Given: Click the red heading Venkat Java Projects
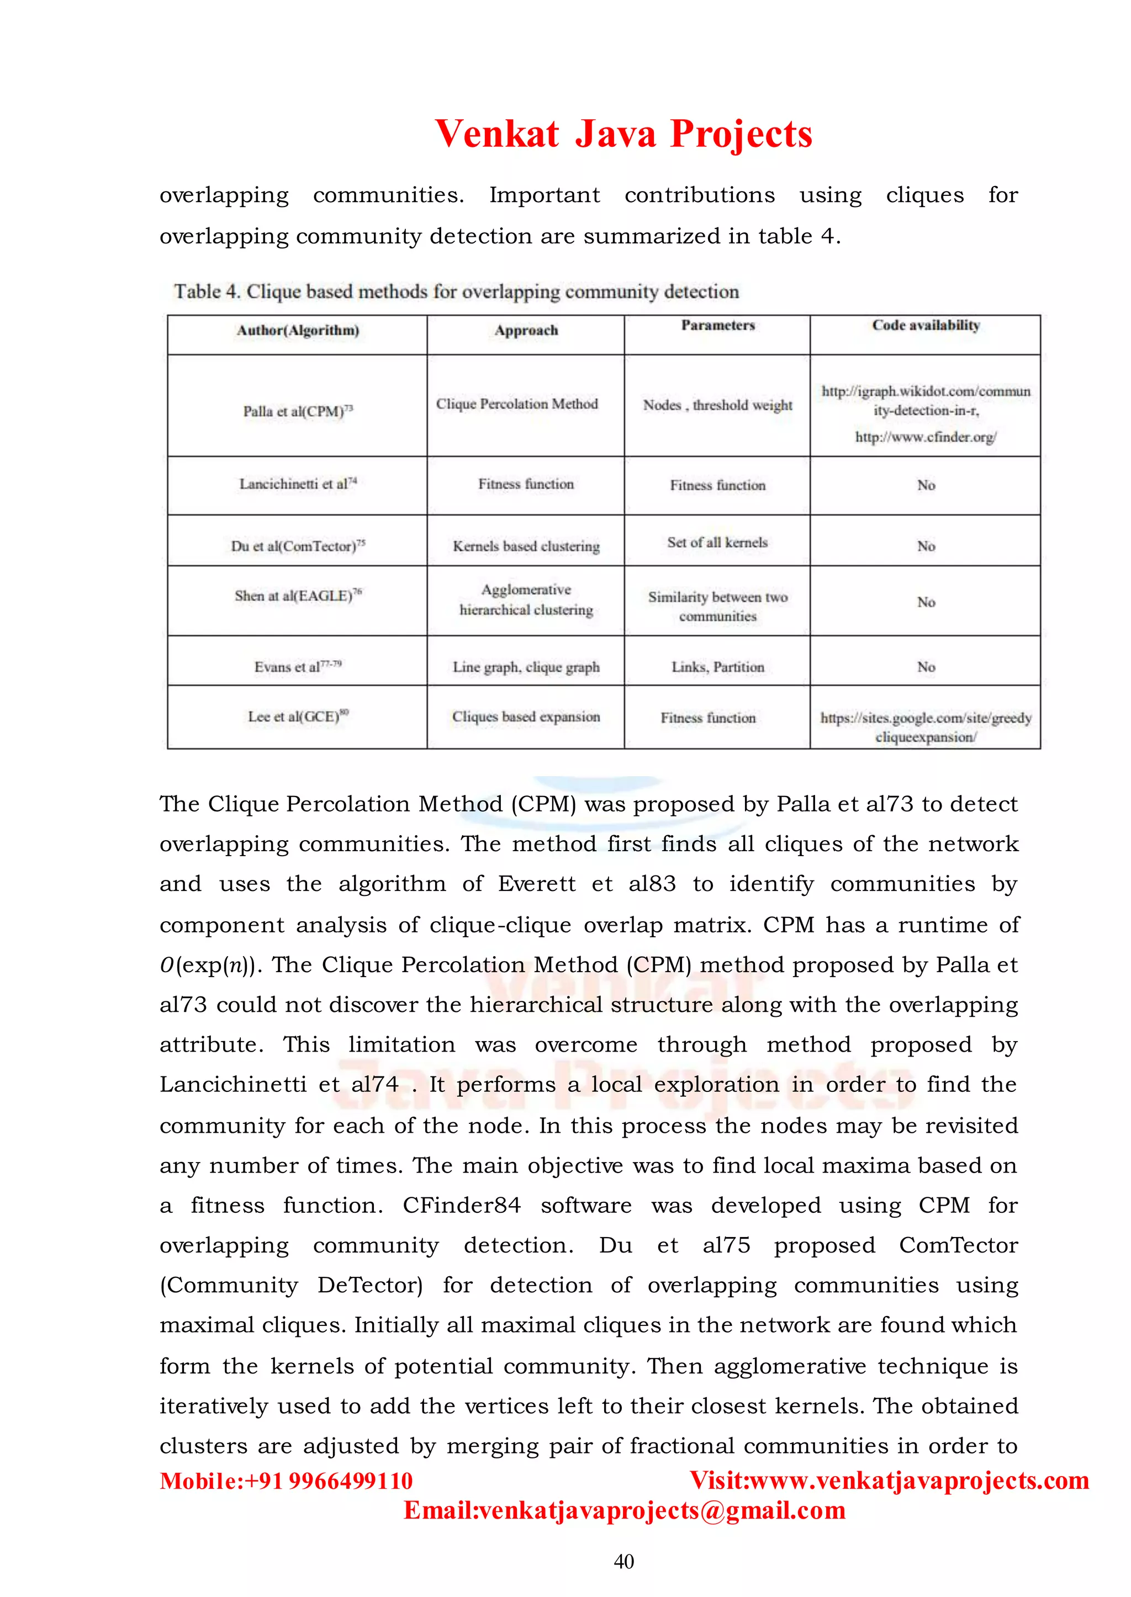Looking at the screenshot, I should click(623, 134).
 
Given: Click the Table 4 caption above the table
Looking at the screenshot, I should click(456, 291).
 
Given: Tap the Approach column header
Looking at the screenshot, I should click(526, 331).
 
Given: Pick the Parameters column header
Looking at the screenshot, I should click(717, 325).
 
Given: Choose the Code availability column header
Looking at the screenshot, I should click(925, 325).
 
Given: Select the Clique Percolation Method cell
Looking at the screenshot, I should click(517, 404).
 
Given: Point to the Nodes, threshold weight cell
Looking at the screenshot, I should click(717, 405).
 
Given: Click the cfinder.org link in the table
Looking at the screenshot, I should click(925, 437).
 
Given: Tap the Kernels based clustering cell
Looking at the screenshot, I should click(526, 547).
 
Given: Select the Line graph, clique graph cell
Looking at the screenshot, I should click(526, 667).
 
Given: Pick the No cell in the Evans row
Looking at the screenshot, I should click(926, 667).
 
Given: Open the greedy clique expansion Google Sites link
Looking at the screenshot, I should click(926, 727).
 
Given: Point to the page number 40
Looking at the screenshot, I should click(623, 1562).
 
